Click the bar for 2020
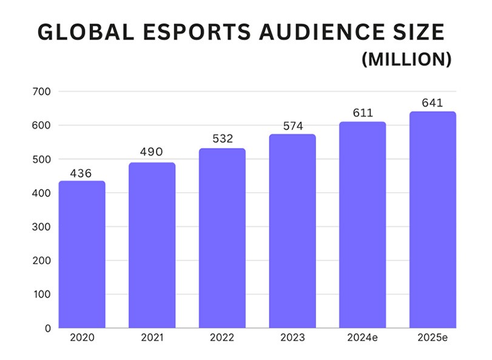[x=81, y=255]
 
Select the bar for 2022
[x=222, y=239]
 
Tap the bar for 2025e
[x=433, y=220]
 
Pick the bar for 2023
[x=292, y=231]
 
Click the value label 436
[x=81, y=174]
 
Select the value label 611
[x=362, y=114]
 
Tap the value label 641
[x=433, y=103]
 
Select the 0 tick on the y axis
[x=47, y=328]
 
